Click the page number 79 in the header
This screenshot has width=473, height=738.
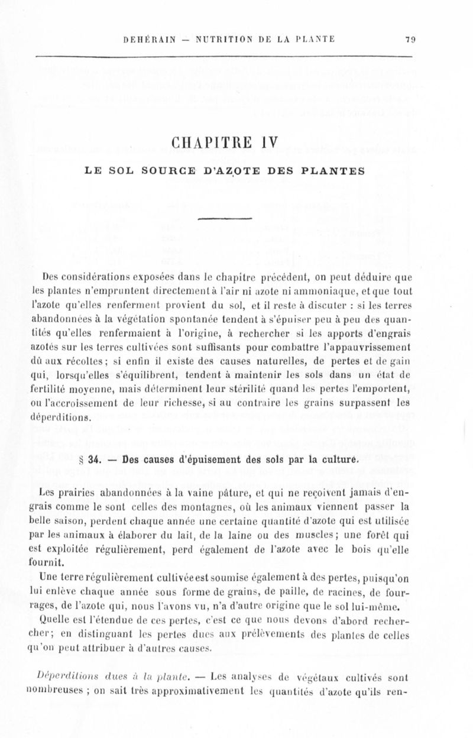pos(409,40)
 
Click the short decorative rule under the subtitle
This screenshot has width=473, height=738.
pos(237,221)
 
